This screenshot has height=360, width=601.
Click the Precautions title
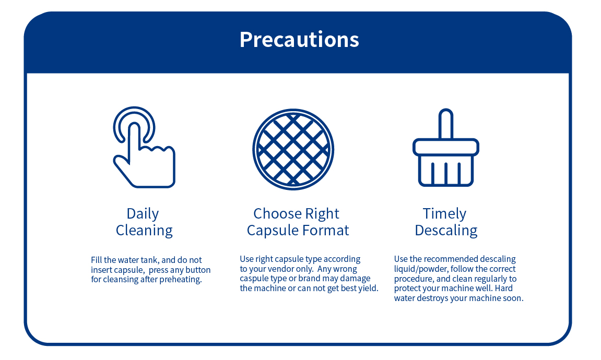299,40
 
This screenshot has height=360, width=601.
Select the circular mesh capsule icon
293,149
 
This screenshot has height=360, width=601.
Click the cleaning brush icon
446,148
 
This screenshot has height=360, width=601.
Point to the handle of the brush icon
446,124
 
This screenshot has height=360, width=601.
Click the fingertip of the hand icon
134,127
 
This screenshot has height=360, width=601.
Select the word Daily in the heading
143,214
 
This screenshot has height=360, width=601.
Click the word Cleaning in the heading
144,231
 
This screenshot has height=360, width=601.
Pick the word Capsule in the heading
273,231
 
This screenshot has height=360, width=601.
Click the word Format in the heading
326,231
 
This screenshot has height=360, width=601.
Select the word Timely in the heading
445,214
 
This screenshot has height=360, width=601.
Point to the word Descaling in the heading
446,231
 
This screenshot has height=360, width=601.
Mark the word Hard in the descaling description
504,289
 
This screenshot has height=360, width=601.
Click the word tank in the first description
150,260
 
